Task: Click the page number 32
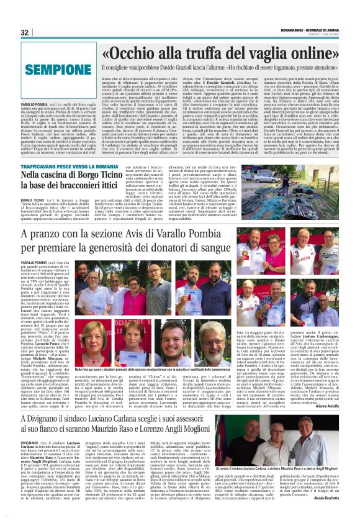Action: click(x=25, y=32)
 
